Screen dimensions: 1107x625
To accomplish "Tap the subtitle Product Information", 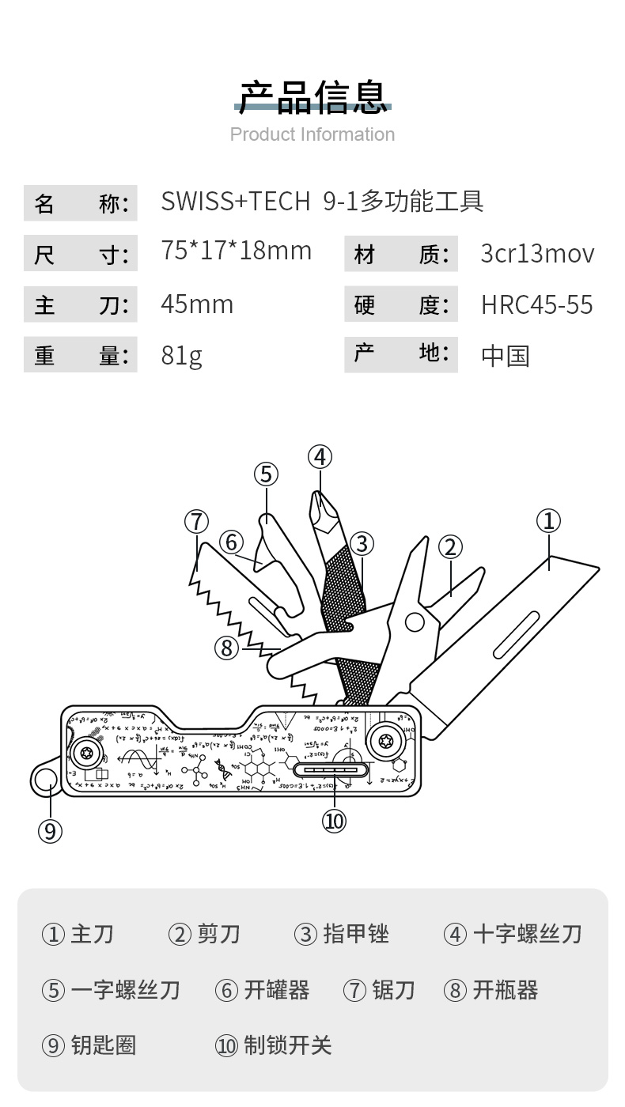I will pos(312,134).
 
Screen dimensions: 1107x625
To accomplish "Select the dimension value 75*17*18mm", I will pos(237,251).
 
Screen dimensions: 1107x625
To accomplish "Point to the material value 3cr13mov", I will pos(537,254).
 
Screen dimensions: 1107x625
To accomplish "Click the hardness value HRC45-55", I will pos(537,305).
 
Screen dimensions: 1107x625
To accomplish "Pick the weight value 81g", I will pos(181,356).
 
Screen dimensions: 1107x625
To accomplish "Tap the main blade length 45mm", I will pos(197,304).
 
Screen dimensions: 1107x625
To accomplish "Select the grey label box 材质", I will pos(401,255).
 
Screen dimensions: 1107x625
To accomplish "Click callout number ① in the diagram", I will pos(548,521).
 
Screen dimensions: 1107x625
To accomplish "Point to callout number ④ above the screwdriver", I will pos(320,457).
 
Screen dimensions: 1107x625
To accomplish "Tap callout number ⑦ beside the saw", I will pos(197,522).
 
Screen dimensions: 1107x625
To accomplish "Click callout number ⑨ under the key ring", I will pos(50,831).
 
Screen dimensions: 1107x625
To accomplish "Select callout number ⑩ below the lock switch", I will pos(334,822).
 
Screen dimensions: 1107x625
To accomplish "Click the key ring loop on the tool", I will pos(46,779).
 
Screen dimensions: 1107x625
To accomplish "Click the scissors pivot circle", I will pos(414,622).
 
